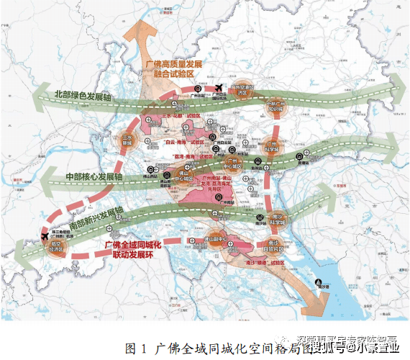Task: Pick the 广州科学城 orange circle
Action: click(271, 146)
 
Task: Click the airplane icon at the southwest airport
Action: click(47, 237)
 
